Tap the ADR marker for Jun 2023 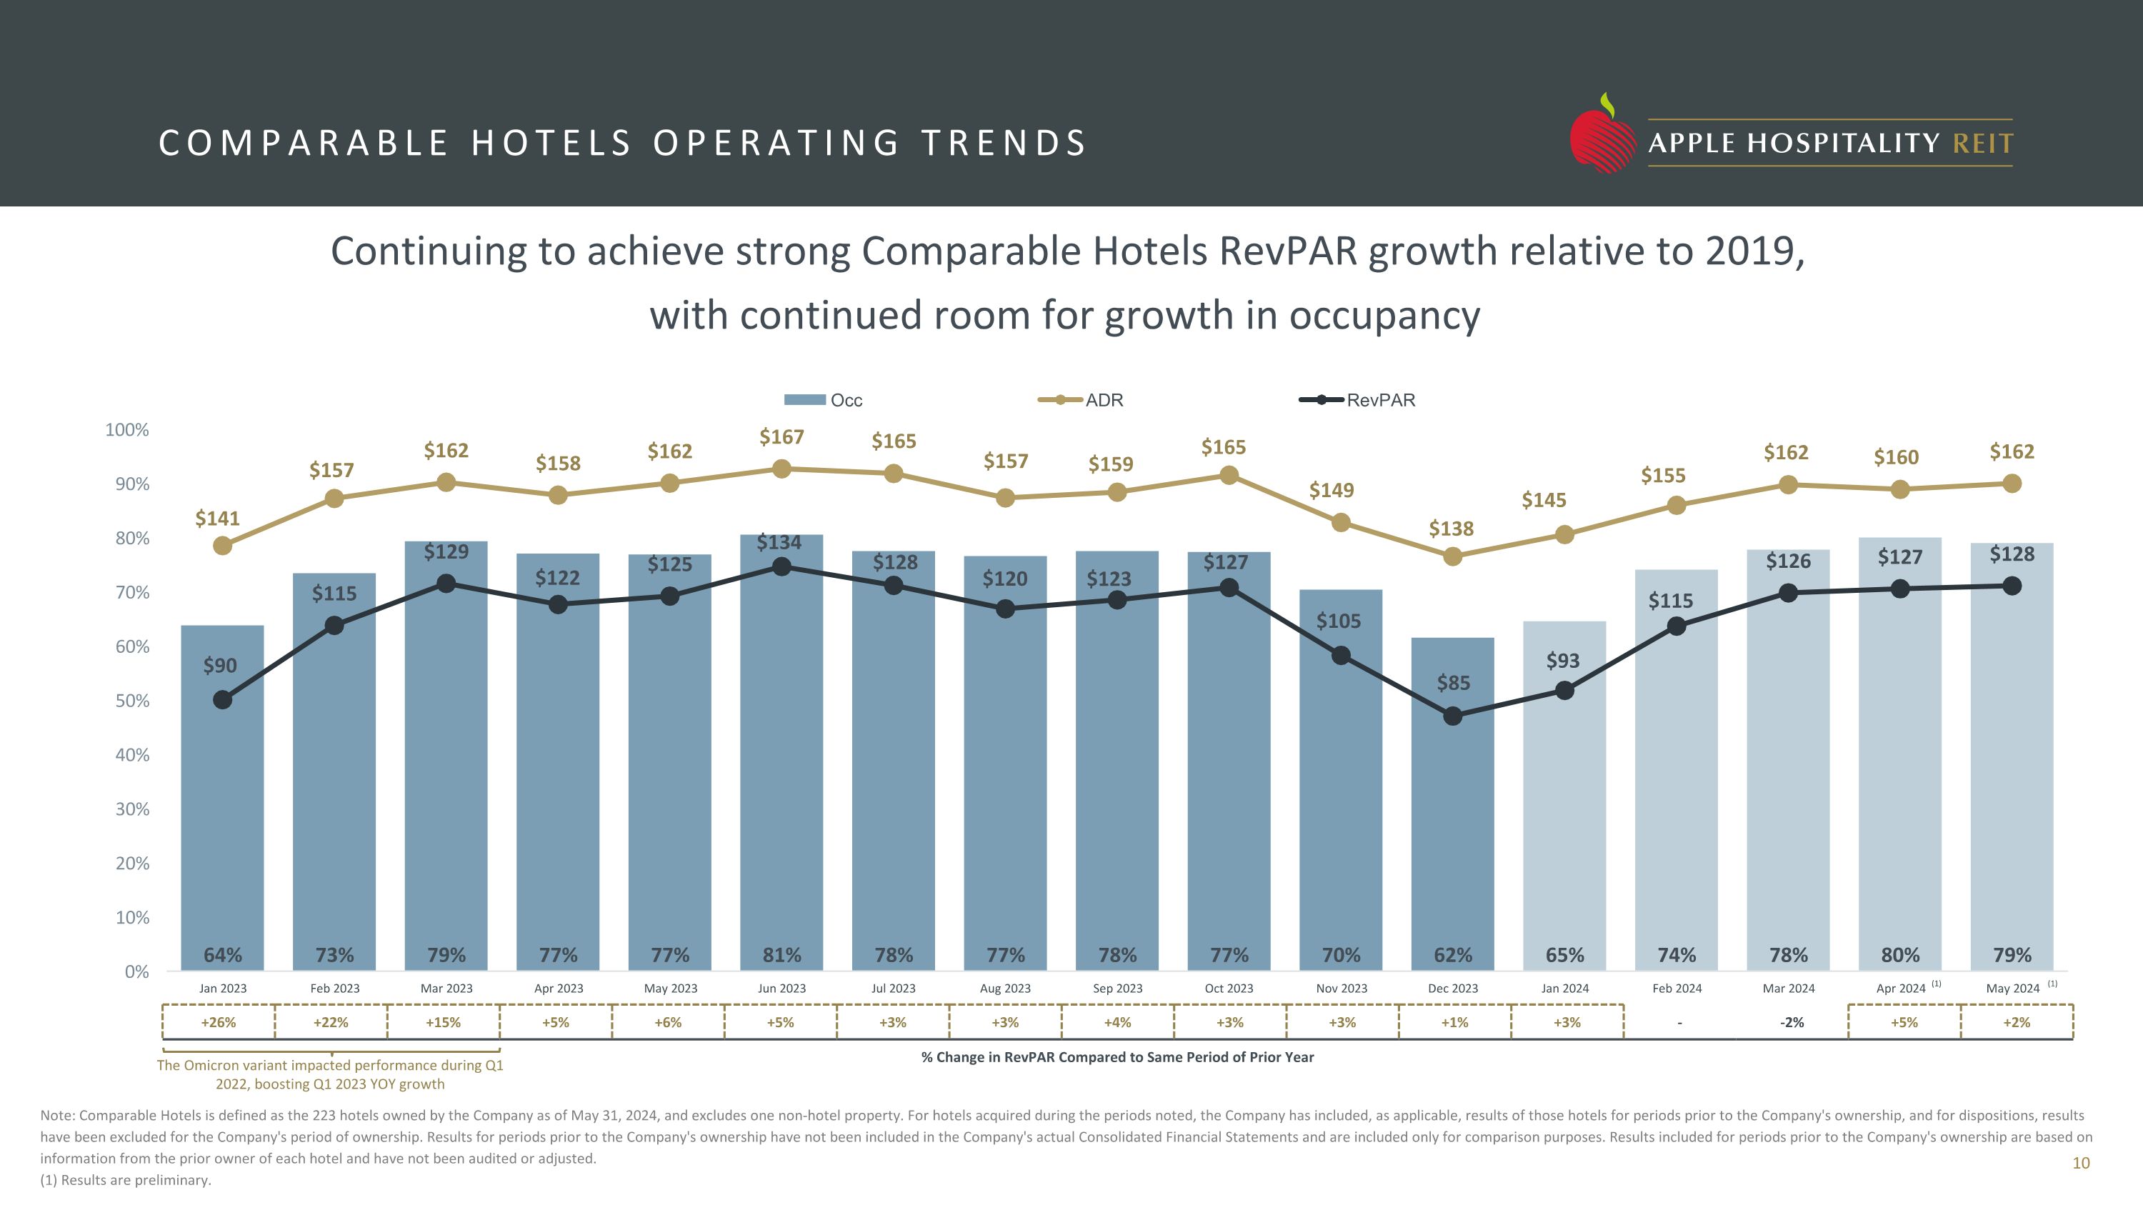(781, 469)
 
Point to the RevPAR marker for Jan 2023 (222, 700)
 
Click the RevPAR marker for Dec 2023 (1452, 716)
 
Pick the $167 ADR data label (781, 437)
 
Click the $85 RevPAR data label (1454, 683)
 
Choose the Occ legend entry (824, 400)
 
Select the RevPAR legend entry (1358, 400)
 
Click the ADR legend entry (1082, 400)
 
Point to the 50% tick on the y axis (132, 701)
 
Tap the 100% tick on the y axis (127, 430)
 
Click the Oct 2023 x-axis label (1229, 988)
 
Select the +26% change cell (219, 1022)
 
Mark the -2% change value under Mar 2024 (1791, 1022)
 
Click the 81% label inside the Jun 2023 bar (782, 955)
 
